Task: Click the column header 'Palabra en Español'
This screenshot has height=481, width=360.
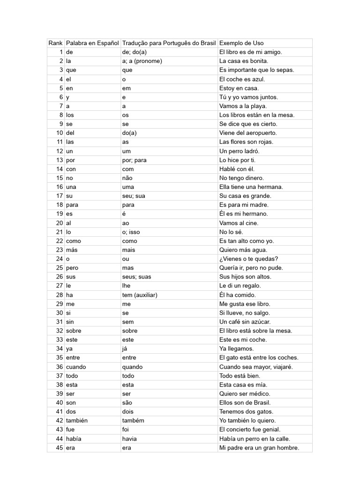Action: [92, 43]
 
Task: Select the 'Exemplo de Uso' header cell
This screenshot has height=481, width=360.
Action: [241, 43]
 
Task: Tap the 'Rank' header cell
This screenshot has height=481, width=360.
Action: [55, 43]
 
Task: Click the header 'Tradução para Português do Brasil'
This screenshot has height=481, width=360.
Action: [169, 43]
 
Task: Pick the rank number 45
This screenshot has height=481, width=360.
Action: [60, 448]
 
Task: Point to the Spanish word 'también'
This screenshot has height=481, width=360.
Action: [77, 420]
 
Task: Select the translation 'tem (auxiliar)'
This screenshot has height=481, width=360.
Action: [139, 295]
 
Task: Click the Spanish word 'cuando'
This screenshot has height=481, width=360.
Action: [76, 367]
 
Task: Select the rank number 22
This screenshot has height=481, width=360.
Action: [60, 241]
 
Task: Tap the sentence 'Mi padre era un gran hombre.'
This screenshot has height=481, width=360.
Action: [259, 448]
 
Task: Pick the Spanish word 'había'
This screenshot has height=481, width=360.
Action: [74, 439]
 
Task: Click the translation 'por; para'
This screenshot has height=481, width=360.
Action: [134, 160]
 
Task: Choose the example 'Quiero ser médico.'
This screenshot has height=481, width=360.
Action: [245, 394]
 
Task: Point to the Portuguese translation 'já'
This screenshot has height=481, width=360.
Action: [125, 349]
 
